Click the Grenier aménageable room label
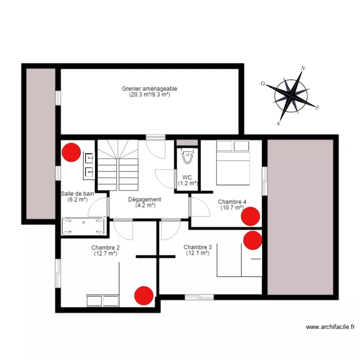pyautogui.click(x=149, y=92)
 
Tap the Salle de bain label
pyautogui.click(x=77, y=196)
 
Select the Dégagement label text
pyautogui.click(x=144, y=202)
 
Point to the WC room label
pyautogui.click(x=187, y=180)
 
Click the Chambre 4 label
pyautogui.click(x=232, y=205)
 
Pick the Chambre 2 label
pyautogui.click(x=106, y=251)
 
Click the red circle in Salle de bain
pyautogui.click(x=72, y=152)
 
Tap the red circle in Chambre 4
pyautogui.click(x=251, y=216)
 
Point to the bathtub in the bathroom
pyautogui.click(x=84, y=227)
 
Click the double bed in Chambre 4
pyautogui.click(x=233, y=162)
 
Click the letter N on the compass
pyautogui.click(x=303, y=69)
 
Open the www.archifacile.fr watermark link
pyautogui.click(x=330, y=327)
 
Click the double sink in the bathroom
pyautogui.click(x=89, y=164)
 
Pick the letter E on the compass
pyautogui.click(x=317, y=108)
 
